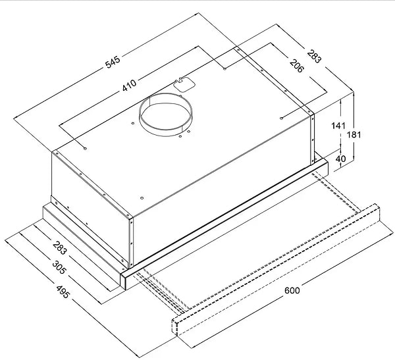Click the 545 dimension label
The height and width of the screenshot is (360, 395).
point(113,63)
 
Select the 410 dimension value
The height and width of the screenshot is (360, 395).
point(129,85)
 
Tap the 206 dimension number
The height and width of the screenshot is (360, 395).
point(297,66)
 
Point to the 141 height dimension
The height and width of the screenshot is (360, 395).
point(338,126)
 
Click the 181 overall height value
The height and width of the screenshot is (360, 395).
point(354,135)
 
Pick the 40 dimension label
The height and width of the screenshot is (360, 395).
point(340,159)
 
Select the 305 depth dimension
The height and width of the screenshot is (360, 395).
point(59,267)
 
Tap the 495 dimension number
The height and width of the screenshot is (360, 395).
point(63,292)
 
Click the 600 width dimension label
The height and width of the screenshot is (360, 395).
point(292,290)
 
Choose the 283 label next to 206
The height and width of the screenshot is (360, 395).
point(315,56)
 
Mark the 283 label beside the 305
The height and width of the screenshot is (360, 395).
point(60,248)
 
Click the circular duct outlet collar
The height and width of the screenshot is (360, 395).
point(165,115)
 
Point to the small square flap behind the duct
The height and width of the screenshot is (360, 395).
point(184,85)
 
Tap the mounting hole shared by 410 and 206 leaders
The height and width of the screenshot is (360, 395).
point(224,68)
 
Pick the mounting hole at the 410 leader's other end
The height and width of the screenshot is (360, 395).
point(85,149)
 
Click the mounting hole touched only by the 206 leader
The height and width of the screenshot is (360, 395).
point(281,118)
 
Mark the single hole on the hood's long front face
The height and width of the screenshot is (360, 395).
point(142,198)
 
